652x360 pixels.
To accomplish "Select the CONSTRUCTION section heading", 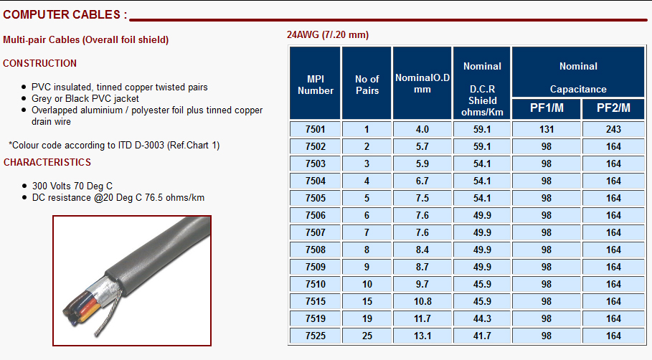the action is pos(40,63).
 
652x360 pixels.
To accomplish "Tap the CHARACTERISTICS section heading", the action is pos(47,162).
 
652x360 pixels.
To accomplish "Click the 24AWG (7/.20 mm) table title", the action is pos(328,34).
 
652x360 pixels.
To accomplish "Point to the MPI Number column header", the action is pos(315,85).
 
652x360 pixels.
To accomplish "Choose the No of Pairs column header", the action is pos(367,85).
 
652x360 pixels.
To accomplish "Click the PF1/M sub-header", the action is pos(547,108).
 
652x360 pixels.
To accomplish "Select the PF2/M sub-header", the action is pos(613,108).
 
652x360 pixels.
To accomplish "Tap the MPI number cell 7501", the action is pos(315,129).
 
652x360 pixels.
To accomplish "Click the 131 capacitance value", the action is pos(547,129).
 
